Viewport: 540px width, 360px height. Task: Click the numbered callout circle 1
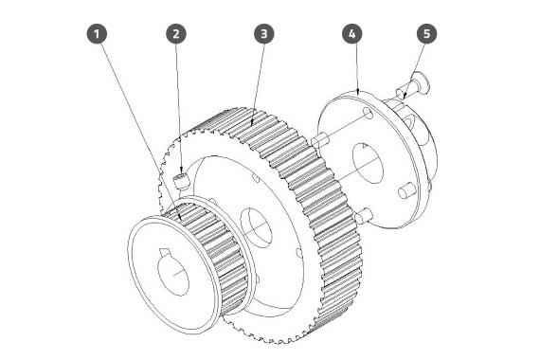[97, 34]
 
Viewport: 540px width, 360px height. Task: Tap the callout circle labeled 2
[176, 34]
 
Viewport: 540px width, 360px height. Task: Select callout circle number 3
[264, 34]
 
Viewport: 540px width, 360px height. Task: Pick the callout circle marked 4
[352, 34]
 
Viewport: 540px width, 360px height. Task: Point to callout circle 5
[426, 34]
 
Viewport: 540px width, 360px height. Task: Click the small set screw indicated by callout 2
[182, 182]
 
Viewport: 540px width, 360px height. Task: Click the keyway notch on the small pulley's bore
[165, 252]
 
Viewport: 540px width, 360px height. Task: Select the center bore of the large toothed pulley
[256, 227]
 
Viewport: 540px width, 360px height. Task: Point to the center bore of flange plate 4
[368, 163]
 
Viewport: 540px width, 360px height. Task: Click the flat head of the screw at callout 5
[422, 82]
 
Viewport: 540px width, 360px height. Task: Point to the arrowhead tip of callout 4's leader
[358, 95]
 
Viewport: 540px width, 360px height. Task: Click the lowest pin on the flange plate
[364, 217]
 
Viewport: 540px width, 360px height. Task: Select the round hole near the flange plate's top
[368, 113]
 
